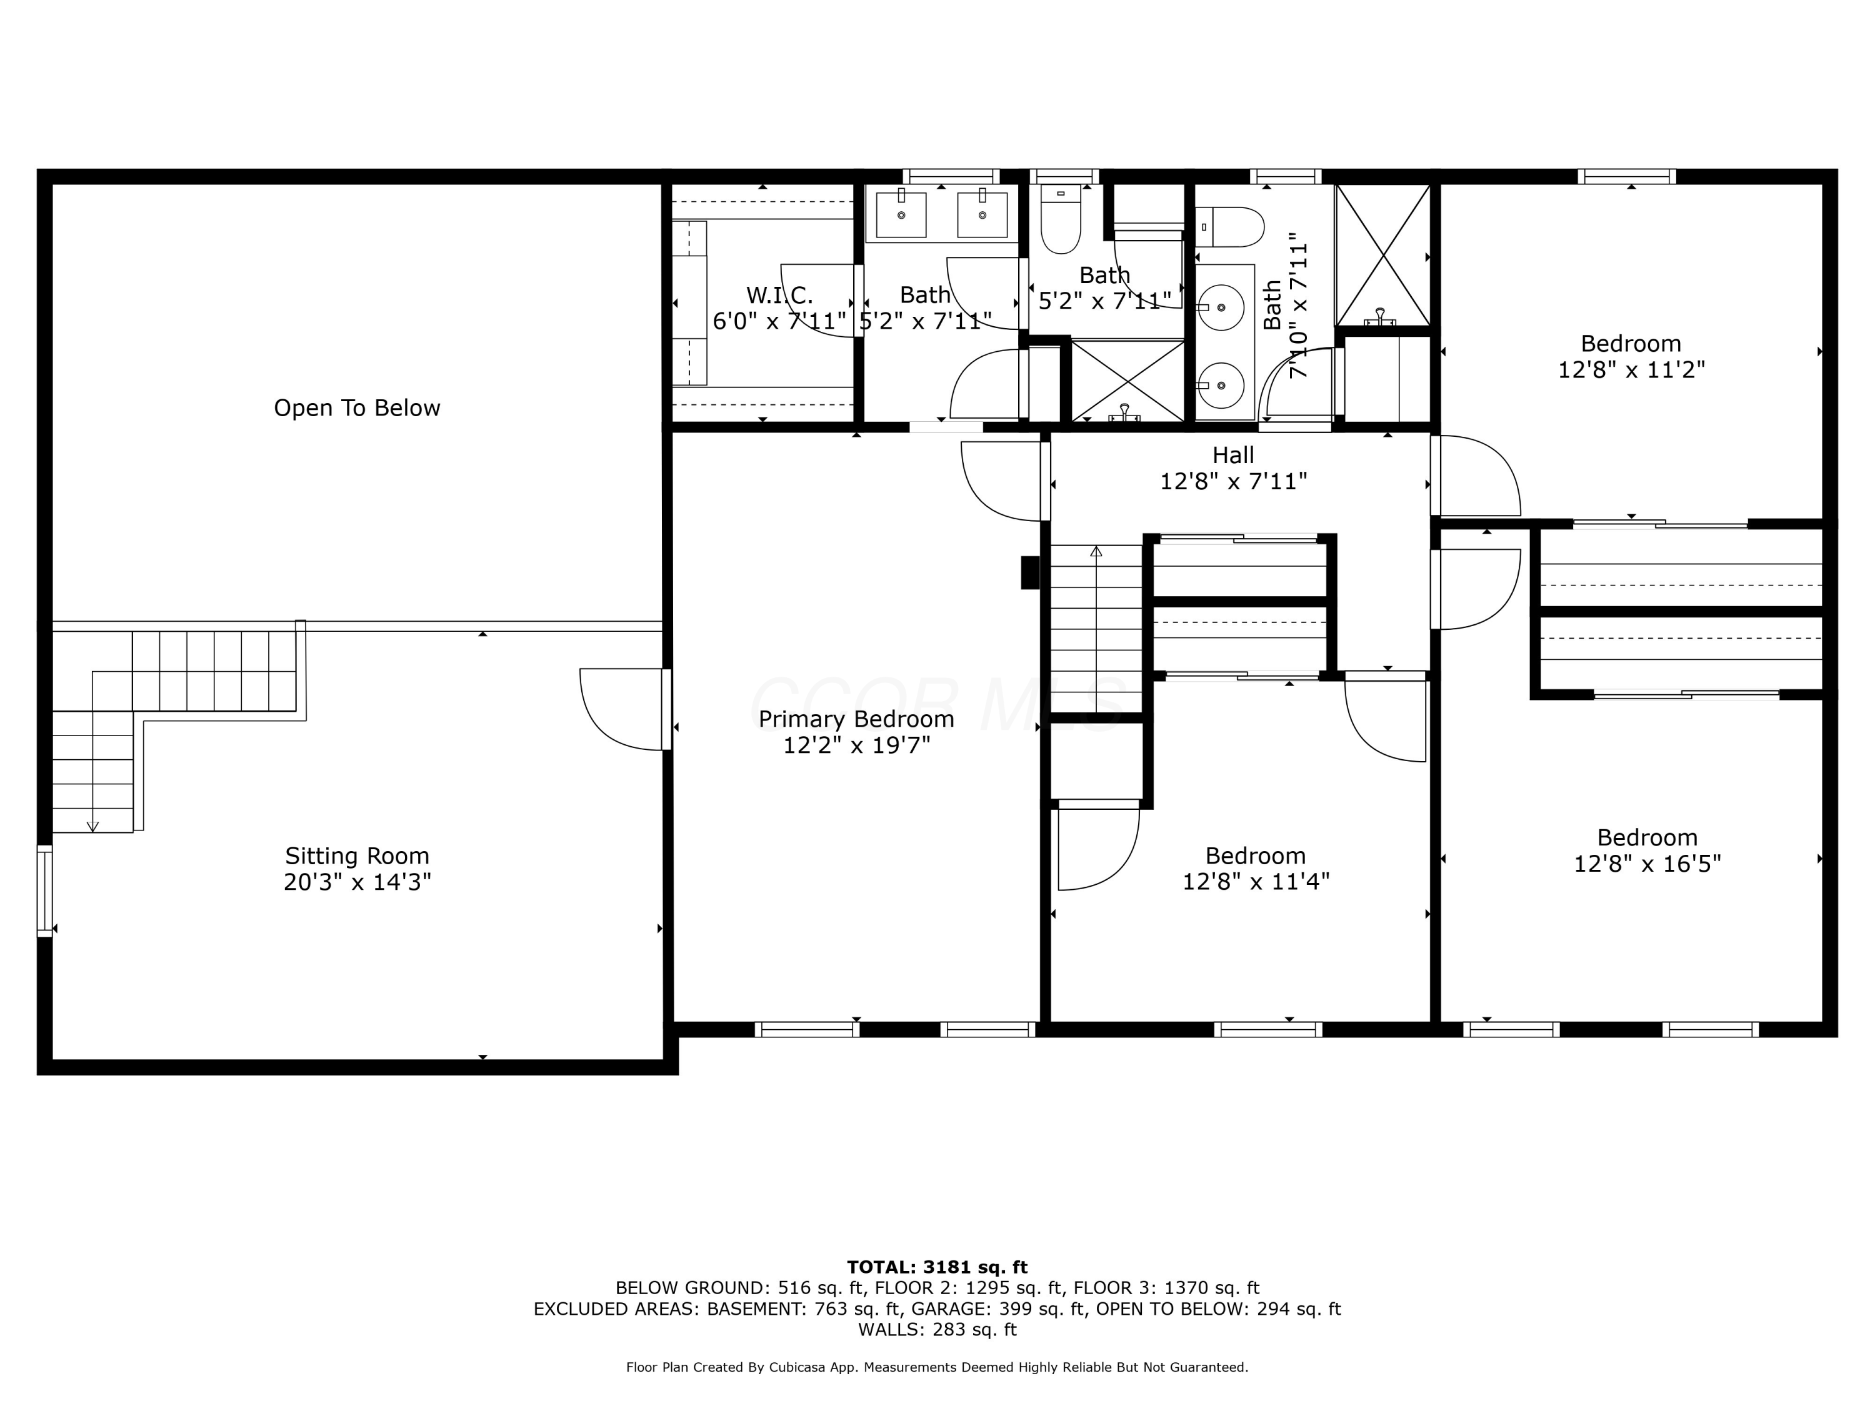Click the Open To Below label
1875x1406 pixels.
(357, 409)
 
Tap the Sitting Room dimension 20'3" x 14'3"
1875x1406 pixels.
(357, 882)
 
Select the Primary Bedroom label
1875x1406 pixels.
(856, 719)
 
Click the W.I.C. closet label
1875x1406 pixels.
(779, 296)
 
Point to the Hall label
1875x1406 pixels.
(1232, 455)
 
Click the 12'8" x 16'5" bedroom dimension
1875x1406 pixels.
(1647, 864)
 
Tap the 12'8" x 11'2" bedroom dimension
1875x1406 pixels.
(1631, 371)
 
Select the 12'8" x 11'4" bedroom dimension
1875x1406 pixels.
(1256, 881)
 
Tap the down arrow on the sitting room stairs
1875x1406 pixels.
(93, 825)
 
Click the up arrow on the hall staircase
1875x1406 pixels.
(1096, 552)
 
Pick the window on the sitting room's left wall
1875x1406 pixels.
(45, 890)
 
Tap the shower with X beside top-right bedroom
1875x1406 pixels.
(1382, 255)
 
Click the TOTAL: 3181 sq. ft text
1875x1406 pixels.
(937, 1267)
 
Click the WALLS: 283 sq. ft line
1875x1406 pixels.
(937, 1329)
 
